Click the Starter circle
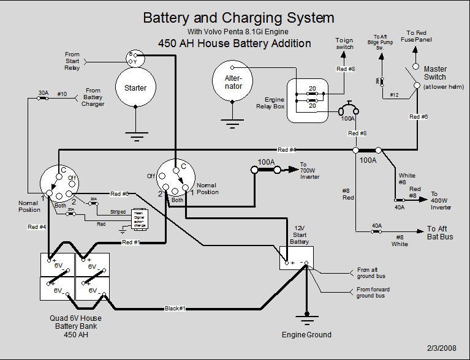tap(135, 88)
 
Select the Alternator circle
tap(233, 82)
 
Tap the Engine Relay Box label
tap(270, 103)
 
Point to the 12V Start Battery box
tap(297, 258)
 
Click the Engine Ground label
tap(306, 335)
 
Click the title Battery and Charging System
tap(238, 18)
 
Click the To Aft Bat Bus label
tap(440, 233)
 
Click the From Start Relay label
tap(72, 61)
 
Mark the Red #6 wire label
tap(419, 117)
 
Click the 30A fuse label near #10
tap(44, 94)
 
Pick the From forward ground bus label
tap(373, 293)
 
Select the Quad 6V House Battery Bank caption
tap(77, 326)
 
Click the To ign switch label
tap(344, 43)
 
